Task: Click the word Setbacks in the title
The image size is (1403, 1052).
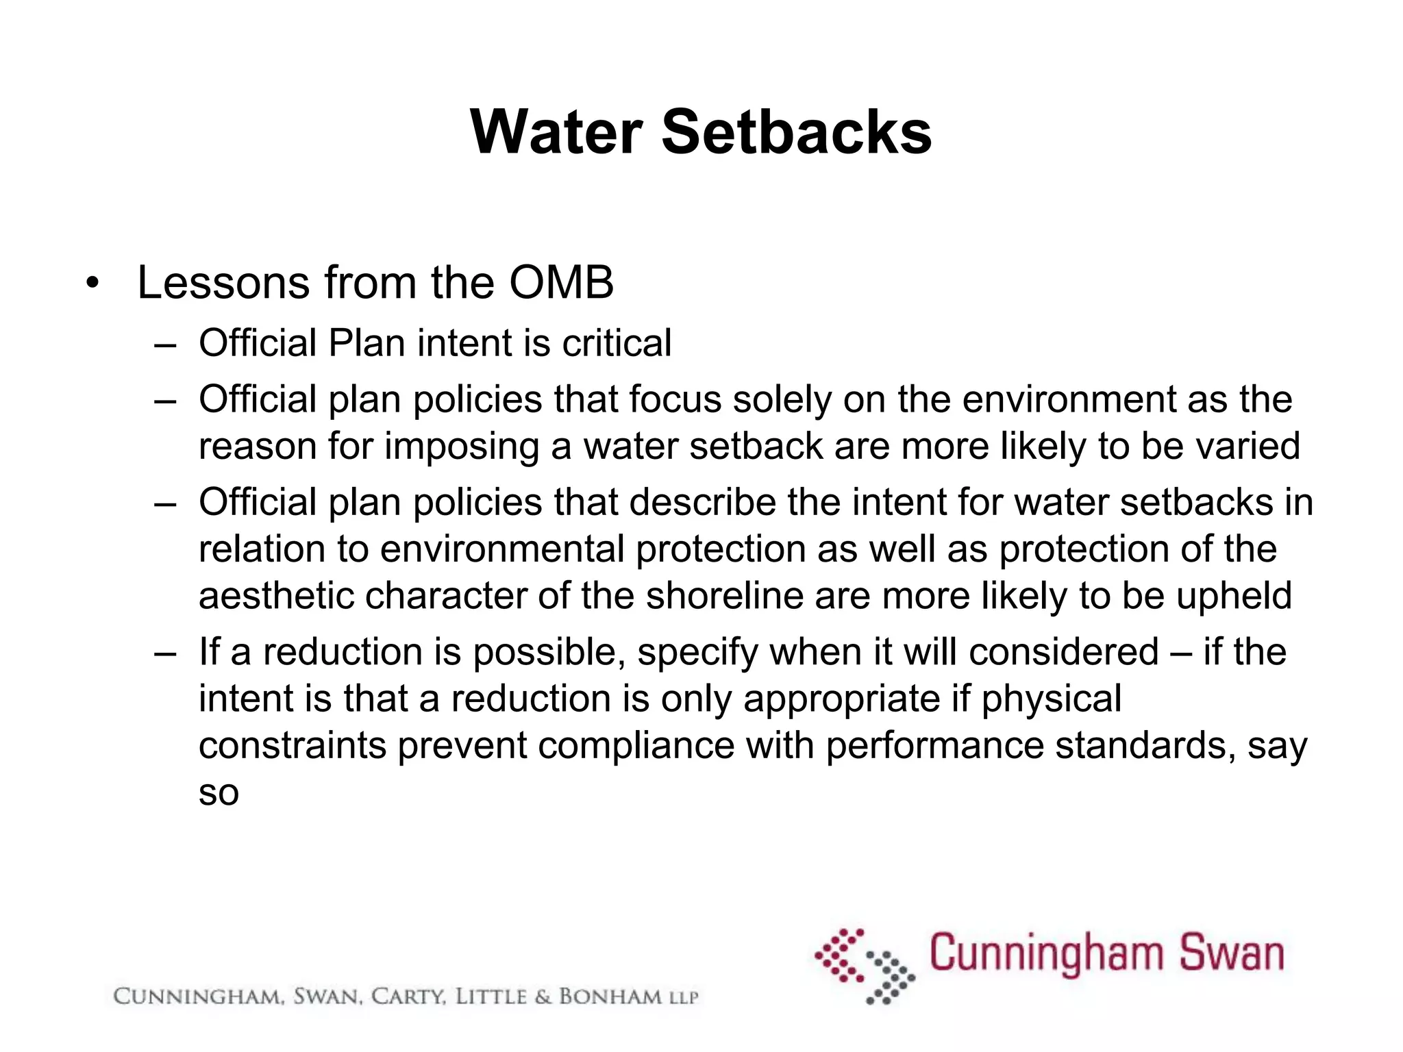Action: tap(796, 131)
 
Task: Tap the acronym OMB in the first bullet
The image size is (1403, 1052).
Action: tap(561, 282)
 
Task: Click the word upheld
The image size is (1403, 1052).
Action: tap(1234, 595)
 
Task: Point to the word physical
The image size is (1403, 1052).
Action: tap(1052, 699)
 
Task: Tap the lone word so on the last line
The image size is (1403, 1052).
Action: tap(219, 792)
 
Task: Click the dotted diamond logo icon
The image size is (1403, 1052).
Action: tap(865, 966)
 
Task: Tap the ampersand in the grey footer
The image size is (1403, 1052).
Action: tap(543, 997)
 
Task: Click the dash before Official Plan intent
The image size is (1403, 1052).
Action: tap(165, 343)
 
